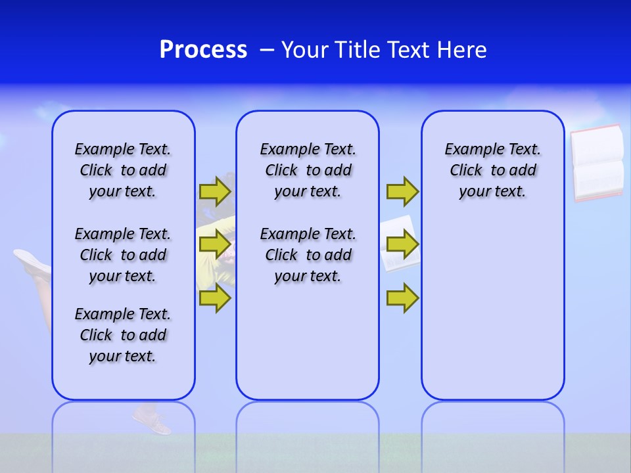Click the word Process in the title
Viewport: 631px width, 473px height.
pos(203,50)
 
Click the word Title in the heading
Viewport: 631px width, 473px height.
pos(358,50)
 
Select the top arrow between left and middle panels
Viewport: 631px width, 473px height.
pos(215,191)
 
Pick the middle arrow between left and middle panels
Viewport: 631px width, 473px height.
pos(215,244)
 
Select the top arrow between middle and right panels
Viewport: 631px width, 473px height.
pos(402,191)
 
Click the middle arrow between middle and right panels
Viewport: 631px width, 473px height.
pos(402,244)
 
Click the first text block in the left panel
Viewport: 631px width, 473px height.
pos(123,170)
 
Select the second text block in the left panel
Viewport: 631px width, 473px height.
pos(123,255)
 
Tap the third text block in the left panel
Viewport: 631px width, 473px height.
pos(123,335)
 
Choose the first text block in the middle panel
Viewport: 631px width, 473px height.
pos(308,170)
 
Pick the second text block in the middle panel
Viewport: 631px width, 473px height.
pos(308,255)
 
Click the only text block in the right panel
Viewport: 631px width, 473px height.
pos(492,170)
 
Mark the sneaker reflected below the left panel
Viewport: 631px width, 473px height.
pos(152,421)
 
